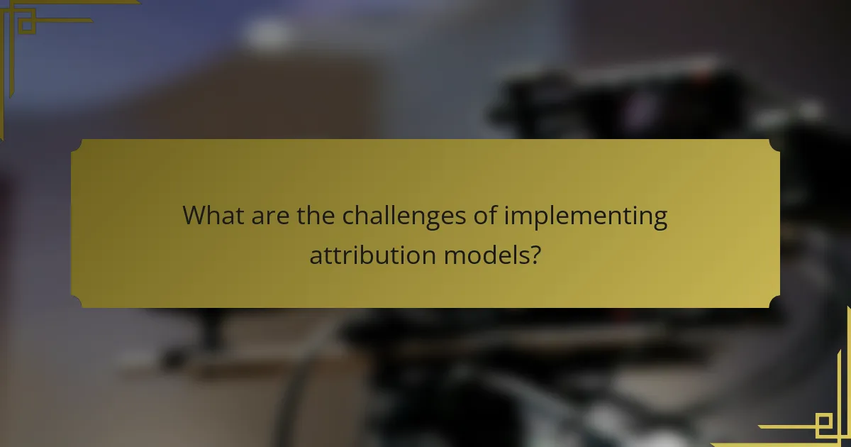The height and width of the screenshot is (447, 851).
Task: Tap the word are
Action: point(268,216)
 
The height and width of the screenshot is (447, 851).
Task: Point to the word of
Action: point(486,216)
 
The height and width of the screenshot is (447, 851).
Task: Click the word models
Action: point(486,254)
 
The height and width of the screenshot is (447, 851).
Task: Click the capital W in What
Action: point(195,216)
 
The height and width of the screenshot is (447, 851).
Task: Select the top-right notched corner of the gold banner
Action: point(774,145)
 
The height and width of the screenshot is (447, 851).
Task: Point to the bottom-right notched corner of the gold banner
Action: point(774,302)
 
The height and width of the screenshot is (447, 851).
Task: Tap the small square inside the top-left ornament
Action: point(26,26)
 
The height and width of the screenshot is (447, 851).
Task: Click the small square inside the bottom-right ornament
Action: point(825,424)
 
